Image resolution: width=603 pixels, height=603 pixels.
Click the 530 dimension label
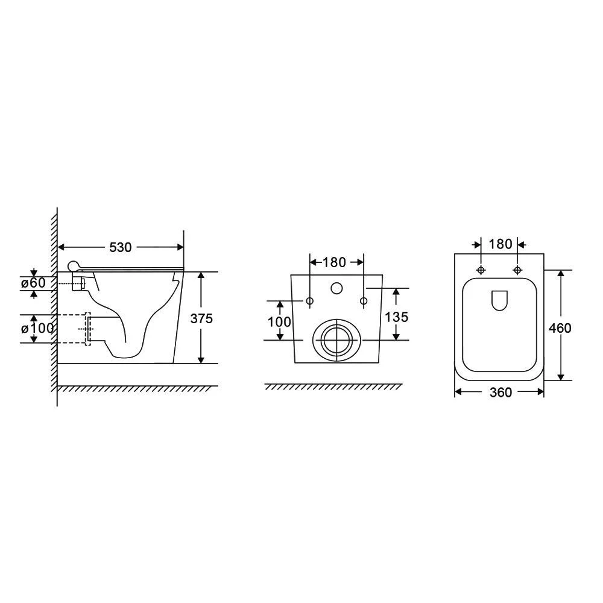[121, 247]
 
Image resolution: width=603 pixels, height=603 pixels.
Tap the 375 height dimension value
[201, 318]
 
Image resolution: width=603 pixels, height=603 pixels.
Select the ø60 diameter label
[33, 283]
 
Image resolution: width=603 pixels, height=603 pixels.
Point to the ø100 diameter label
[37, 329]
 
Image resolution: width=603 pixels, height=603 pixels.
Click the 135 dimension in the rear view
[397, 317]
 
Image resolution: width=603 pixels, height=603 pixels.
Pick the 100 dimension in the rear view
[279, 321]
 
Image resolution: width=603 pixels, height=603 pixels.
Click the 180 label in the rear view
[334, 262]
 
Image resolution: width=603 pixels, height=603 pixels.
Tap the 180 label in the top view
[500, 244]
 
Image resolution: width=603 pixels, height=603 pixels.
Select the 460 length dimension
[560, 328]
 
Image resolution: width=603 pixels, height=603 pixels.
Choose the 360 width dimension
[500, 393]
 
